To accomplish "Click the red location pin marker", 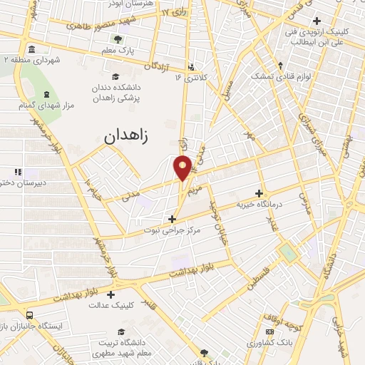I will point(182,168).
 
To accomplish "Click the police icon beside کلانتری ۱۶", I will point(190,68).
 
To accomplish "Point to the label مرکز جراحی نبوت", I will point(172,230).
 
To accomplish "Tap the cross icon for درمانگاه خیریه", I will point(259,193).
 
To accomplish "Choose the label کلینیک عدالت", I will point(113,304).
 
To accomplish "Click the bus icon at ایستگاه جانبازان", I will point(29,315).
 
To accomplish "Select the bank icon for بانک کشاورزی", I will point(269,331).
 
